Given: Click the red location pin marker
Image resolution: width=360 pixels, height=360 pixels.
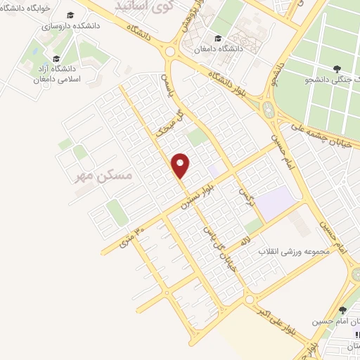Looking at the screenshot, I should point(181,165).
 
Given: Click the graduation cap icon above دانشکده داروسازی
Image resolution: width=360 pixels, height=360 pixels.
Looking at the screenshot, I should point(70,15).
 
